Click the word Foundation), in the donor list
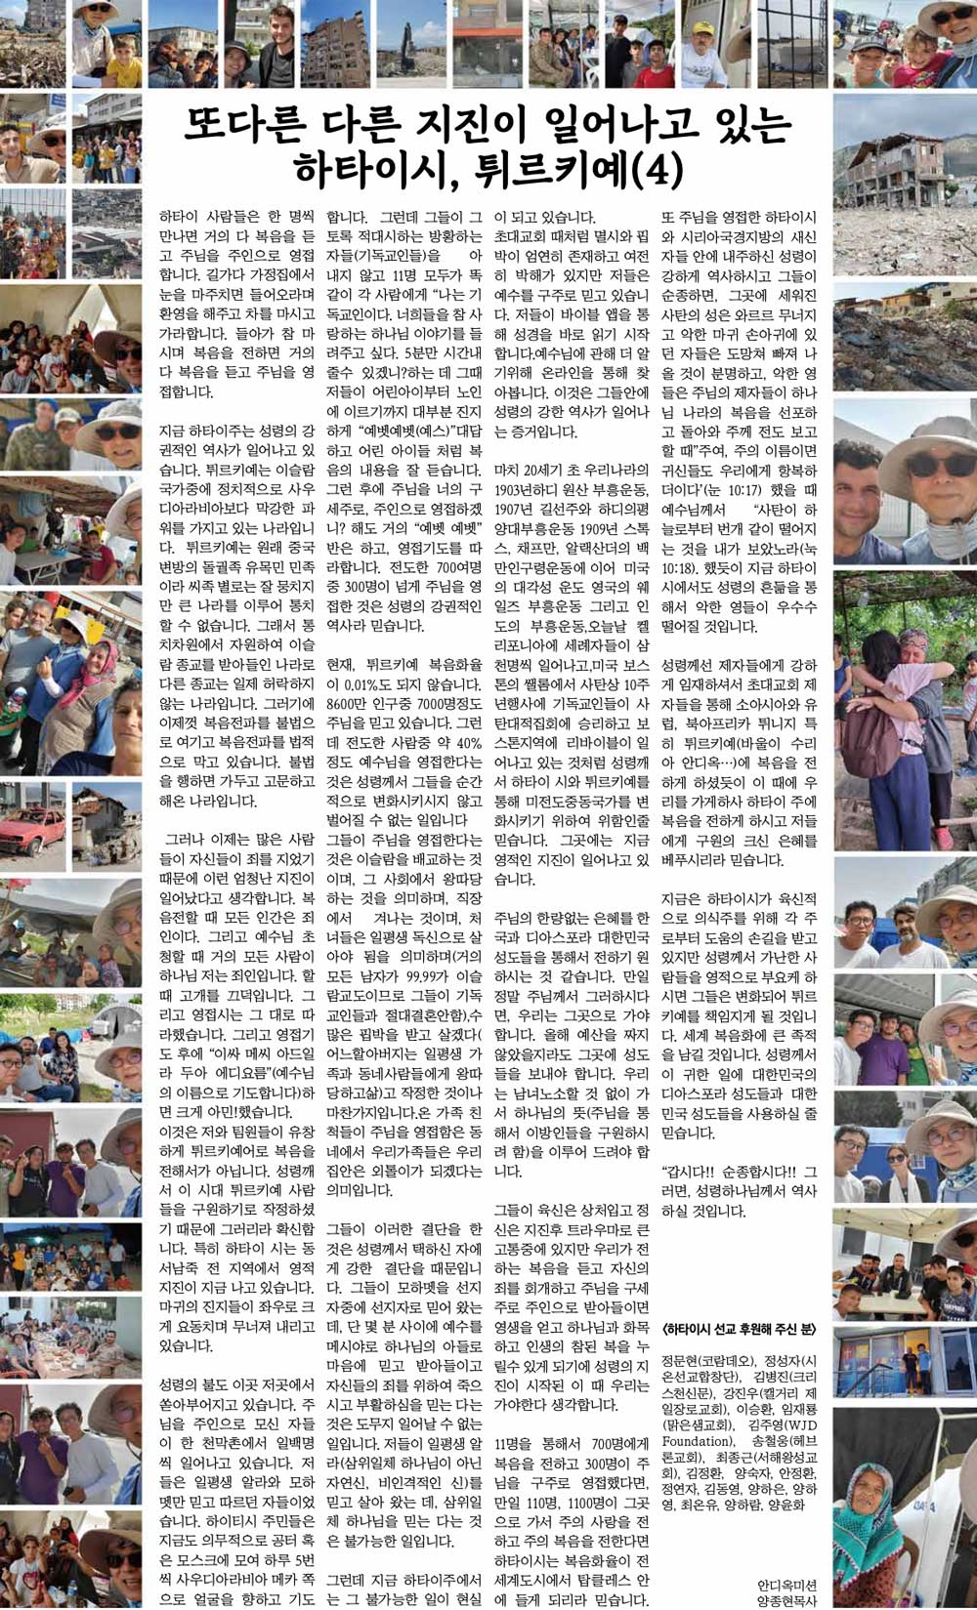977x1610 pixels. (697, 1441)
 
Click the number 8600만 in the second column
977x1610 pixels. (346, 704)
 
